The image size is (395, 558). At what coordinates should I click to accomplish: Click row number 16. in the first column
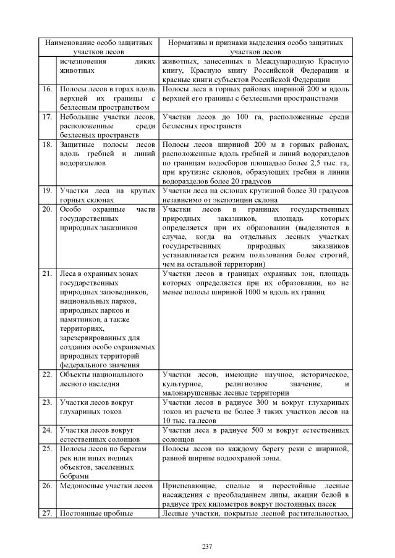(47, 90)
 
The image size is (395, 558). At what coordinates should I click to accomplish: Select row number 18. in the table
(47, 144)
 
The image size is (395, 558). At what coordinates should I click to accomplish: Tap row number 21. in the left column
(47, 273)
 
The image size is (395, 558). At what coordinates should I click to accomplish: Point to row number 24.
(47, 429)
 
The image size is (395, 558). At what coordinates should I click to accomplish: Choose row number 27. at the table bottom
(47, 513)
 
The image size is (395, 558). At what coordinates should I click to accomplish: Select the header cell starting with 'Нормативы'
(254, 48)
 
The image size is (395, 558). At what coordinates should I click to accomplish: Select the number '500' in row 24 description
(245, 429)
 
